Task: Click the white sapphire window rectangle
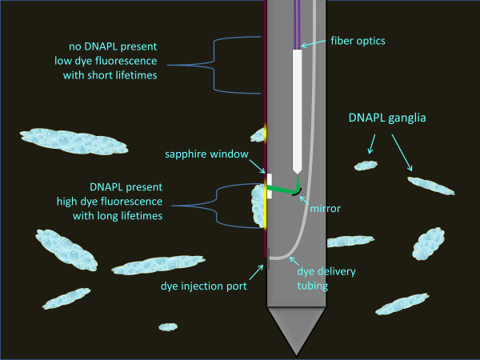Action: pos(270,185)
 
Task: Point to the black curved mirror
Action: pos(297,190)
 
